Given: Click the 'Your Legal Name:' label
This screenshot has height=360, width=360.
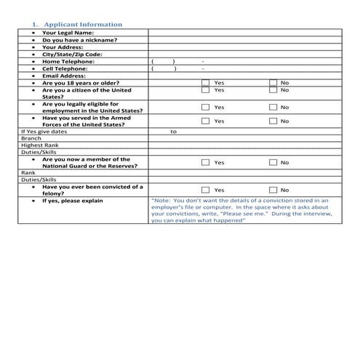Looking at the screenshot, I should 68,33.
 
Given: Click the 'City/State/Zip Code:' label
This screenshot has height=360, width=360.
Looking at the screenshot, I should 72,54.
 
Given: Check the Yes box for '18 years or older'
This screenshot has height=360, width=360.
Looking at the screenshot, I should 205,83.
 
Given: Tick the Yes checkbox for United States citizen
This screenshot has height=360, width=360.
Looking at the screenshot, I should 205,90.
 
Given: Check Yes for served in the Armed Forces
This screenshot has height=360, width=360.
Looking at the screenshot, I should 205,121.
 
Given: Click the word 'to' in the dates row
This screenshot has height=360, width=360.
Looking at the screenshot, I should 173,132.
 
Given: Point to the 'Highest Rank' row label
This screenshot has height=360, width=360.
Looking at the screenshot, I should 35,145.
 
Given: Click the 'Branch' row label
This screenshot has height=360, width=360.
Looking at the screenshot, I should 31,138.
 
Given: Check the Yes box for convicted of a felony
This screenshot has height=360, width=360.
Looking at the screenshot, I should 205,190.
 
